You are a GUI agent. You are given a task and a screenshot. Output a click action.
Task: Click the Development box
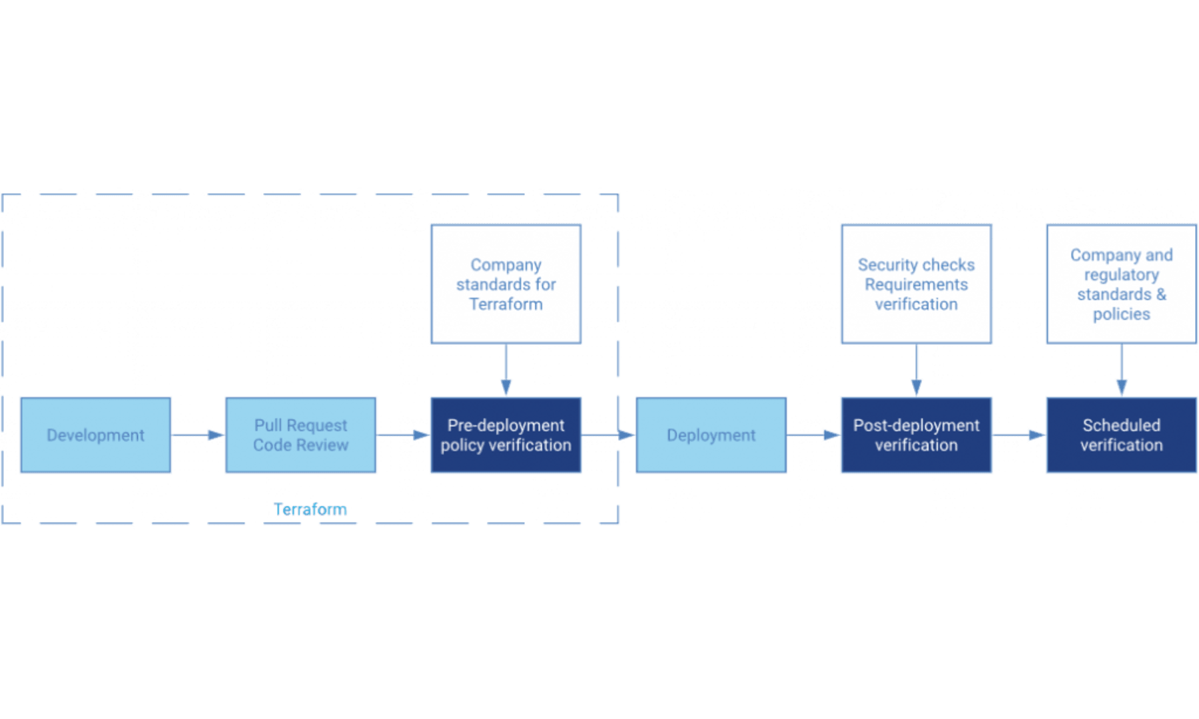click(x=95, y=435)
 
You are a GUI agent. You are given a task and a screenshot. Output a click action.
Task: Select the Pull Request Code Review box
click(x=300, y=435)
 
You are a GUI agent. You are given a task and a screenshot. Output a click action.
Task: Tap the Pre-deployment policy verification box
click(x=506, y=435)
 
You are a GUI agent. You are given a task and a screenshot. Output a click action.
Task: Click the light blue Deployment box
click(x=711, y=435)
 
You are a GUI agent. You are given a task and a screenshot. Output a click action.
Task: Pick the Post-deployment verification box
click(x=916, y=435)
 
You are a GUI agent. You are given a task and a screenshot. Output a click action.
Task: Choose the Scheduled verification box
click(x=1121, y=435)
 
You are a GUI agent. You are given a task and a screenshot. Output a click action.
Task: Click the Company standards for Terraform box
click(x=506, y=284)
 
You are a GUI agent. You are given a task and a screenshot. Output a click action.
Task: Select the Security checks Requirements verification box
click(x=916, y=284)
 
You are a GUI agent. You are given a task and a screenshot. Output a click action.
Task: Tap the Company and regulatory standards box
click(x=1121, y=284)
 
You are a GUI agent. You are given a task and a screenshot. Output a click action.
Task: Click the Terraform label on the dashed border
click(x=310, y=510)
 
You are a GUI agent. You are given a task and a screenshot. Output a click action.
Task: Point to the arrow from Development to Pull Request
click(x=199, y=435)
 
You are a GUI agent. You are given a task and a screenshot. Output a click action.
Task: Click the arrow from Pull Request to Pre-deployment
click(x=404, y=435)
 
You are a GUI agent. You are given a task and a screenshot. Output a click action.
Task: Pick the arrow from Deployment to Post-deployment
click(x=813, y=435)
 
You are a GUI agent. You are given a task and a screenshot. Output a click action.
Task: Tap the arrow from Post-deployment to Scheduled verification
click(x=1019, y=435)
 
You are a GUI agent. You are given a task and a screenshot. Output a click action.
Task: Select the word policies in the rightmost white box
click(x=1121, y=314)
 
